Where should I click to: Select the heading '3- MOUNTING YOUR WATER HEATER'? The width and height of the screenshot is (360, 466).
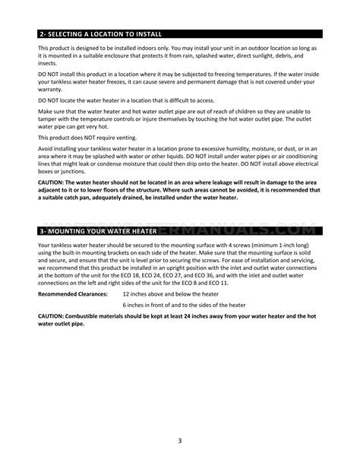point(98,230)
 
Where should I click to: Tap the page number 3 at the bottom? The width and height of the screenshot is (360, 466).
point(180,439)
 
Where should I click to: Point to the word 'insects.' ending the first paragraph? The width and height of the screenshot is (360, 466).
point(47,65)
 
